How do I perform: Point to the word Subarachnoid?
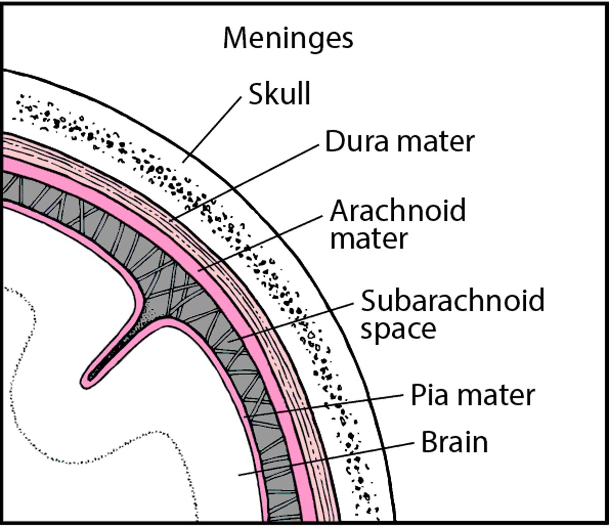tap(452, 300)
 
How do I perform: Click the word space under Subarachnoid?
tap(398, 329)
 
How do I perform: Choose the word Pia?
tap(431, 394)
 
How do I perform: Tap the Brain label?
tap(454, 443)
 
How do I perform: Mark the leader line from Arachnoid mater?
tap(259, 242)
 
